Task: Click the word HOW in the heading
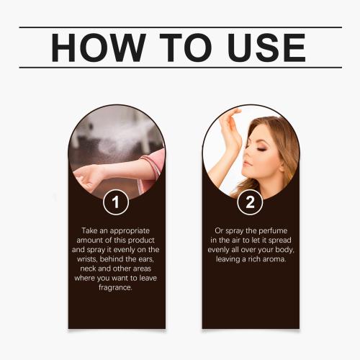(99, 48)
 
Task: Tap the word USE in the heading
(266, 48)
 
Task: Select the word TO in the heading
(186, 48)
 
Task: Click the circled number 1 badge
(116, 202)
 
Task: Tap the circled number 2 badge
(250, 202)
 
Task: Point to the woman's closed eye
(261, 150)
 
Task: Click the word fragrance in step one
(115, 287)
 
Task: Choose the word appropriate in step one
(130, 231)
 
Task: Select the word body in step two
(284, 250)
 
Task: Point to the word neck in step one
(89, 269)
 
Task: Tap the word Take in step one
(89, 230)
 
